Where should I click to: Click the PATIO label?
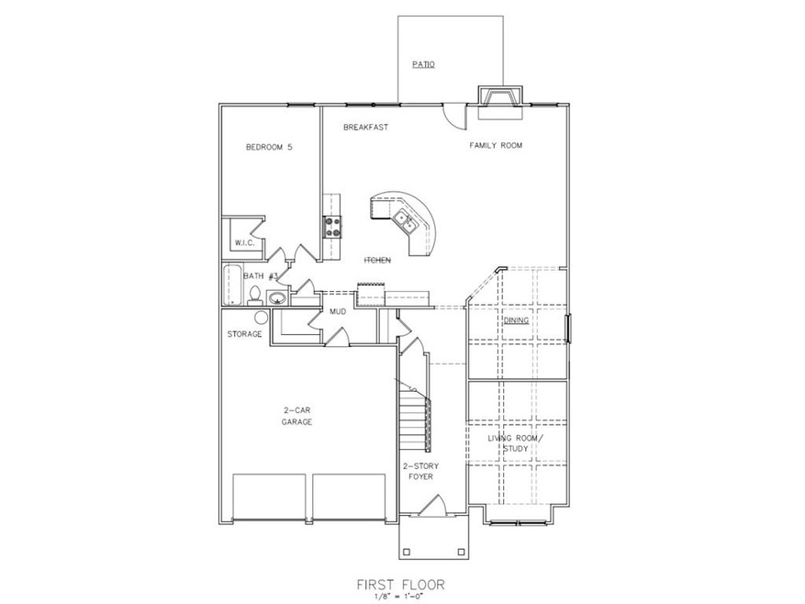pyautogui.click(x=422, y=64)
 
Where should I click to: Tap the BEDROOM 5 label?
pyautogui.click(x=268, y=147)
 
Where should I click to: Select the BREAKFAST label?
pyautogui.click(x=365, y=128)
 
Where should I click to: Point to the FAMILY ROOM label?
pyautogui.click(x=496, y=145)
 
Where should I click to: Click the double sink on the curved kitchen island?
pyautogui.click(x=405, y=220)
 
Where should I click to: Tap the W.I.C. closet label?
pyautogui.click(x=243, y=242)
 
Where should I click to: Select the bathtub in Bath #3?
pyautogui.click(x=230, y=285)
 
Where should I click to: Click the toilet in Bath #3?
pyautogui.click(x=253, y=294)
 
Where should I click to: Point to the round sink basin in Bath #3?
pyautogui.click(x=276, y=296)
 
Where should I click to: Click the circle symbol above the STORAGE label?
pyautogui.click(x=262, y=318)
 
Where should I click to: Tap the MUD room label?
pyautogui.click(x=337, y=312)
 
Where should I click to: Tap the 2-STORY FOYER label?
pyautogui.click(x=420, y=472)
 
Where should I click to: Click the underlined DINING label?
pyautogui.click(x=515, y=320)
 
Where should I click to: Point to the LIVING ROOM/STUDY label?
pyautogui.click(x=515, y=443)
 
